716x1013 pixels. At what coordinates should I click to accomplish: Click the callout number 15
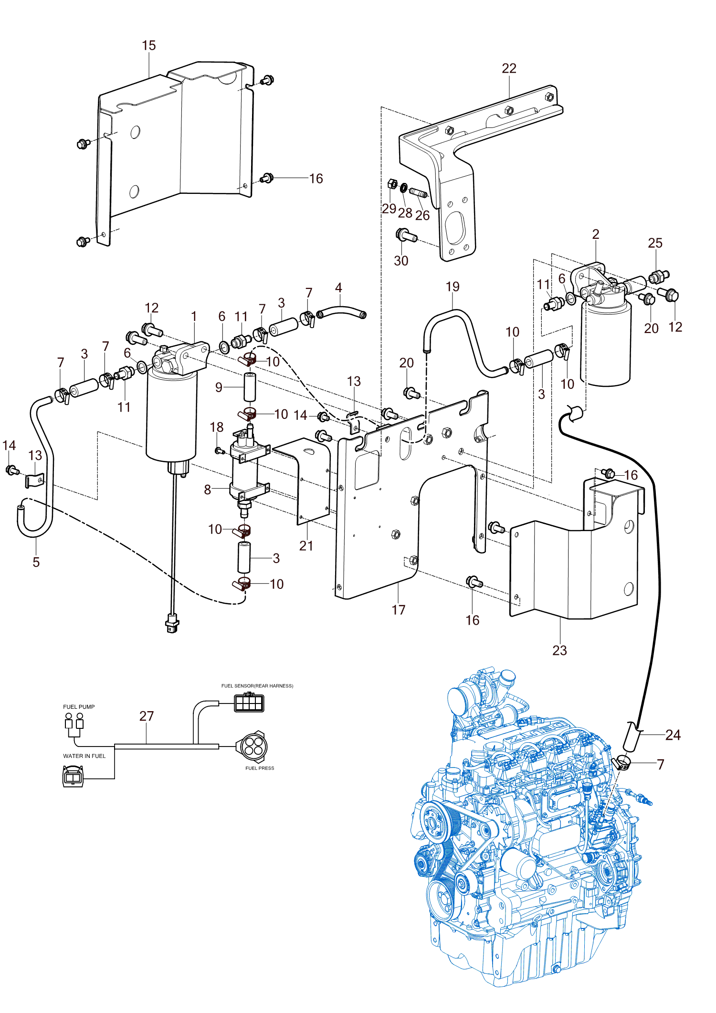click(149, 45)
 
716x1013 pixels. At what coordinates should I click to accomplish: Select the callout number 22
click(509, 68)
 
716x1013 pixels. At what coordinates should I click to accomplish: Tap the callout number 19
click(453, 287)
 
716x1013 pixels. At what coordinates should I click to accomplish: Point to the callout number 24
click(673, 735)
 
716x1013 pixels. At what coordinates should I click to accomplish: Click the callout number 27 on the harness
click(147, 716)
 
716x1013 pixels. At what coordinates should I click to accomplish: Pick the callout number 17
click(398, 610)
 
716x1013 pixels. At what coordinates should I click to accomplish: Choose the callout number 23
click(559, 650)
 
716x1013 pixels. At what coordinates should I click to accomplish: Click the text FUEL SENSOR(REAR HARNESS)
click(257, 686)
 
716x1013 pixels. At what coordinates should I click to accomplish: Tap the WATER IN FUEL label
click(84, 756)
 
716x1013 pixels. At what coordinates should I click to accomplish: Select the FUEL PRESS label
click(260, 768)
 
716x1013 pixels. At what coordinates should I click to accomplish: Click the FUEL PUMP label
click(79, 707)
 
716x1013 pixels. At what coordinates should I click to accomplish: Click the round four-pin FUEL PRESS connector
click(252, 746)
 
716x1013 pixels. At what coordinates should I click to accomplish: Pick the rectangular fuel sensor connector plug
click(249, 703)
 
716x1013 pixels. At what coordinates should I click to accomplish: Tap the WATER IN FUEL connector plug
click(73, 776)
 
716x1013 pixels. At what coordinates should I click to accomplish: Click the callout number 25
click(655, 243)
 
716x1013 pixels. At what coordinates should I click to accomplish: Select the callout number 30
click(401, 261)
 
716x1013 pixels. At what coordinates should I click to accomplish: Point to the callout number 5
click(36, 562)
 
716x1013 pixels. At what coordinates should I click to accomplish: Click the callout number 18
click(217, 427)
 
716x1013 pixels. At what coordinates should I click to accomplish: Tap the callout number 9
click(219, 387)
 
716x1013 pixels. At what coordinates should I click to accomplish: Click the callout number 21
click(306, 546)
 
